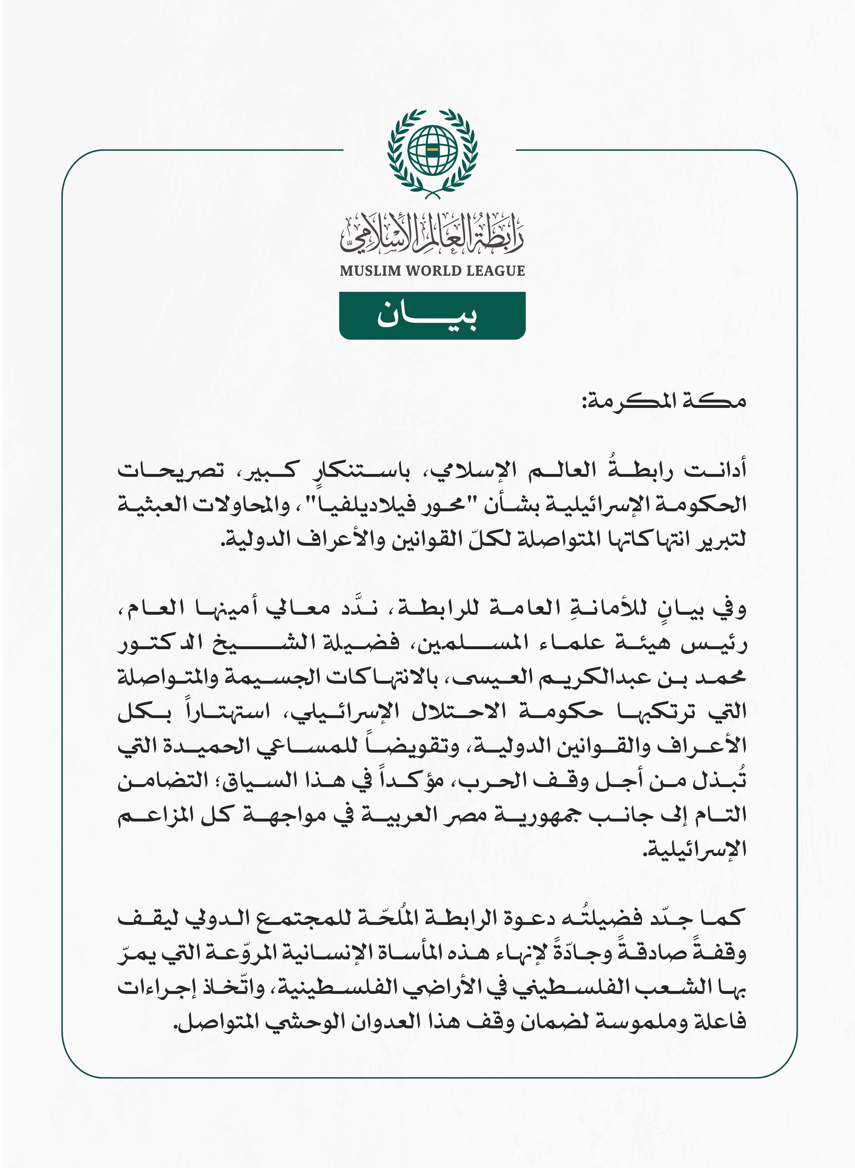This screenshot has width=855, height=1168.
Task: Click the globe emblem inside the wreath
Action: tap(432, 150)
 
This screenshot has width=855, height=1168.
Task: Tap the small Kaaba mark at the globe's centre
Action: tap(433, 150)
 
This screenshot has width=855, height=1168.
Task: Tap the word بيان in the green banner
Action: tap(428, 315)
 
